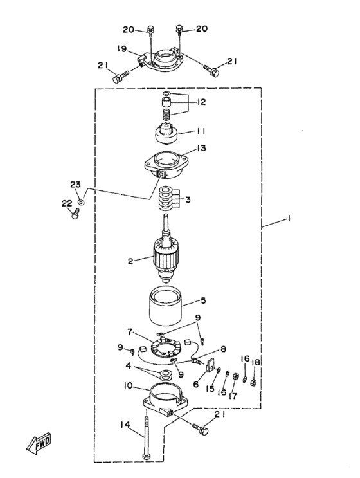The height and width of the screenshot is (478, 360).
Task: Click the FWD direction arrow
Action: (x=39, y=443)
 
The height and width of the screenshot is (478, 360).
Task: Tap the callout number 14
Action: (x=125, y=425)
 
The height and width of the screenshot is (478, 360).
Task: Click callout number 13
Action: (x=201, y=148)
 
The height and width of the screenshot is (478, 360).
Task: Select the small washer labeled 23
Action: (x=81, y=202)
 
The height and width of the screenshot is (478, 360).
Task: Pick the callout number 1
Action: (x=288, y=219)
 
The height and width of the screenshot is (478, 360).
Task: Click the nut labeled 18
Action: (x=253, y=382)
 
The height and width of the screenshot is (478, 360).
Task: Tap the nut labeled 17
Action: (x=235, y=377)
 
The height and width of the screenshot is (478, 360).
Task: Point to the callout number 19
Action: (x=122, y=49)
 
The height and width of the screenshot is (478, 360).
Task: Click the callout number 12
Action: (x=201, y=102)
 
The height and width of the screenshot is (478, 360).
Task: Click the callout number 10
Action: (x=128, y=385)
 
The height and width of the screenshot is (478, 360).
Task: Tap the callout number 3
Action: (x=188, y=199)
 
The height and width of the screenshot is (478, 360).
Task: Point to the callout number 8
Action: (x=224, y=349)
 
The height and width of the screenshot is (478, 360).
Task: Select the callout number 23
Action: (x=75, y=185)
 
